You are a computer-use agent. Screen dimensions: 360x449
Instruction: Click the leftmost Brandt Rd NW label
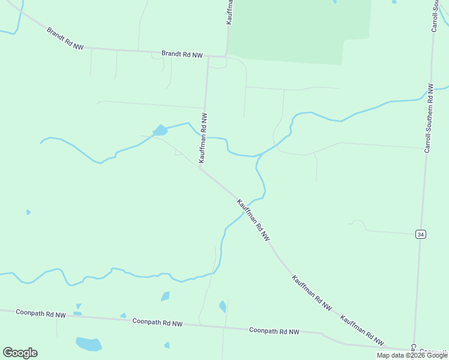(65, 38)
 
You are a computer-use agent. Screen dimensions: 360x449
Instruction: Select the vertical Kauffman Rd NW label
(204, 138)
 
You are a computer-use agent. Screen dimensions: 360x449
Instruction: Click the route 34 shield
(420, 234)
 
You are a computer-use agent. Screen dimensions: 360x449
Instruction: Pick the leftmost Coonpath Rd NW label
(41, 313)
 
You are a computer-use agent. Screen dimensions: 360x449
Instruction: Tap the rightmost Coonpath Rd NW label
(274, 331)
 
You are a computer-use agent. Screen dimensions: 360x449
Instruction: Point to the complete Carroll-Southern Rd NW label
(429, 118)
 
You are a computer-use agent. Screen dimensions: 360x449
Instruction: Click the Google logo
(20, 352)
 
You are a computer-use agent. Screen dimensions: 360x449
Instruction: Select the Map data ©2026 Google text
(412, 355)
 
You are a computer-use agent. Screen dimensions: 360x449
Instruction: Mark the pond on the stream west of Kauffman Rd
(160, 130)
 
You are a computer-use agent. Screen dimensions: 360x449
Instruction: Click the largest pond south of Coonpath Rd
(89, 344)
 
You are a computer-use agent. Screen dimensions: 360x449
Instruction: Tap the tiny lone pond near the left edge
(28, 212)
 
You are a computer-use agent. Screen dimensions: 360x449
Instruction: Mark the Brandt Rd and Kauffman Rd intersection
(208, 57)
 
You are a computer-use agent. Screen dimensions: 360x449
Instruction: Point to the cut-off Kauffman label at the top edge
(229, 12)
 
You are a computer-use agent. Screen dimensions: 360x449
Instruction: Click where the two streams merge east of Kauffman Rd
(262, 155)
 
